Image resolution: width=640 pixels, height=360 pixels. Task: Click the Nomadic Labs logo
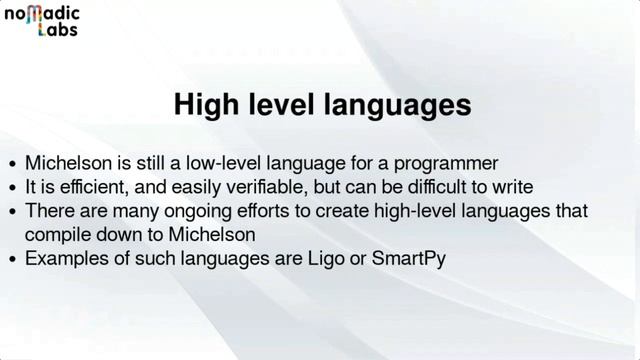tap(42, 20)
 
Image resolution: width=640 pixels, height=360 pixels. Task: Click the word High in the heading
tap(206, 105)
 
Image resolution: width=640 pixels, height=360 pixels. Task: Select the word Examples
tap(63, 259)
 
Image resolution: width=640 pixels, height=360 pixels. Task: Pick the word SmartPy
tap(409, 259)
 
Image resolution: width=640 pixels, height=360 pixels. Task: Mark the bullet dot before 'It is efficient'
tap(12, 188)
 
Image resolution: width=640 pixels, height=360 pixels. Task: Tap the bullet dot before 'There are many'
tap(12, 212)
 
